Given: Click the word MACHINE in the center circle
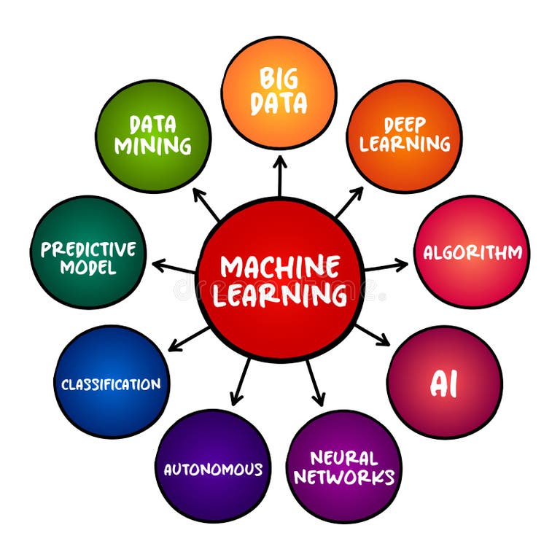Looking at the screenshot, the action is point(280,266).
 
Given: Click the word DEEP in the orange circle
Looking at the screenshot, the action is point(405,124).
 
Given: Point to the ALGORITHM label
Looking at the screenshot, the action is point(472,252).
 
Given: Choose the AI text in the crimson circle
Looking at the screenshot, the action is point(444,384).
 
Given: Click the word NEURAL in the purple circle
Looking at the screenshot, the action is point(343,458).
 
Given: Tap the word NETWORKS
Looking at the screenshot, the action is point(343,478).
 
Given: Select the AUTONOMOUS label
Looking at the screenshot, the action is point(213,469).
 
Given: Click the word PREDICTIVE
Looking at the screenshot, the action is point(88,249).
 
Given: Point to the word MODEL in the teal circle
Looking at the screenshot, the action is point(88,268).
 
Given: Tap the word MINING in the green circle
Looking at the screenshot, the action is point(153,145).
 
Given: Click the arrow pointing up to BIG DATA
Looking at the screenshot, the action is point(280,176).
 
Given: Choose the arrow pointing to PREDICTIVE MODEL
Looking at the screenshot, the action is point(174,267).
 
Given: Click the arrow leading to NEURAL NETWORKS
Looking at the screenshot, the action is point(314,382).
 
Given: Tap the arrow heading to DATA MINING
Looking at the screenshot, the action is point(206,203).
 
